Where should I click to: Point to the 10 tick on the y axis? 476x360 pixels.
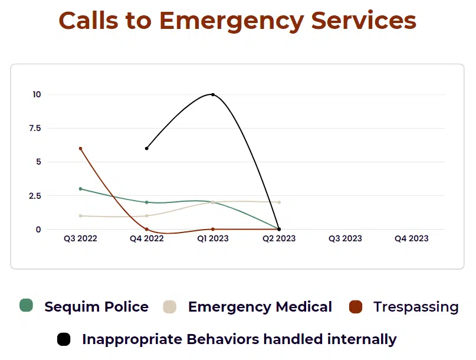click(x=37, y=94)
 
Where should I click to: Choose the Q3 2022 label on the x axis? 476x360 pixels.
click(x=80, y=238)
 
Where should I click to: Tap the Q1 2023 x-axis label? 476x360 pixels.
click(x=212, y=238)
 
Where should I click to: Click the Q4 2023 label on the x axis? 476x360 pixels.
click(x=411, y=238)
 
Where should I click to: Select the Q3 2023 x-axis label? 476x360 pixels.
click(x=345, y=238)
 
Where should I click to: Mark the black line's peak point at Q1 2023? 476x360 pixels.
click(x=213, y=94)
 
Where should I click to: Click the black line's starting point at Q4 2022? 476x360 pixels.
click(x=147, y=148)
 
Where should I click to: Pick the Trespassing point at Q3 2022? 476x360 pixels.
click(x=80, y=149)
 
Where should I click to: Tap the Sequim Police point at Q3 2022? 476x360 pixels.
click(x=80, y=189)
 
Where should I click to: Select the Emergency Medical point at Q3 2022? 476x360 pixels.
click(x=80, y=216)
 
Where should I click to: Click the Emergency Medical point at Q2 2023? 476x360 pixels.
click(x=279, y=202)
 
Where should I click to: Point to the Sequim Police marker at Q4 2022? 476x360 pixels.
click(x=147, y=202)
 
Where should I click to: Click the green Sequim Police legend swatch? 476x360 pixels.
click(x=26, y=306)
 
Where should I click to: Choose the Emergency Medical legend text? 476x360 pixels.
click(x=260, y=307)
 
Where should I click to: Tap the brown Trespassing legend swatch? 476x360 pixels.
click(x=355, y=307)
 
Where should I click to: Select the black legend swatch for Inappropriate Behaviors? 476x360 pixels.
click(x=64, y=339)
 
